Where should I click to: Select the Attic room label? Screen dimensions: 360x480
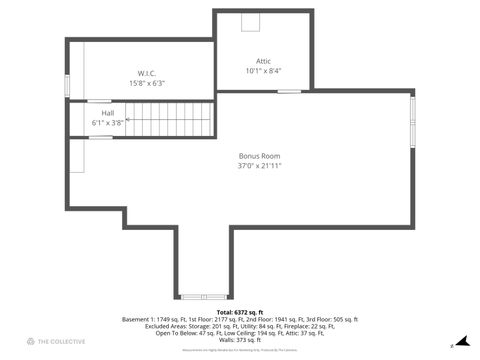point(264,61)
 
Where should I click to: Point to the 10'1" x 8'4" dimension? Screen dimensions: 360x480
point(264,71)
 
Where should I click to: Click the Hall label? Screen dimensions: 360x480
point(107,113)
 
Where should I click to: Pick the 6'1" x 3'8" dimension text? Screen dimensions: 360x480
point(107,123)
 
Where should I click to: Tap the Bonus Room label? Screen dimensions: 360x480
point(259,155)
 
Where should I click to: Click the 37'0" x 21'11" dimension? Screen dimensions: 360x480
point(259,166)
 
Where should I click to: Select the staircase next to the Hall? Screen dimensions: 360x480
point(170,119)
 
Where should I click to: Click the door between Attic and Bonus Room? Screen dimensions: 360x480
point(289,91)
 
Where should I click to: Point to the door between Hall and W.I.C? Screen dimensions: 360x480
point(100,101)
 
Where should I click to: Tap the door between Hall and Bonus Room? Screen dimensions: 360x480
point(100,137)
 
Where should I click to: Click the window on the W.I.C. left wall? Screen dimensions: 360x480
point(67,85)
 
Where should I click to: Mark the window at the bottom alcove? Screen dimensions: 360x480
point(203,296)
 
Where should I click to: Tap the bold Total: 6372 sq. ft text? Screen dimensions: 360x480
point(240,312)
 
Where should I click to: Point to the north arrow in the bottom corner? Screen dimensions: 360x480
point(451,345)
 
